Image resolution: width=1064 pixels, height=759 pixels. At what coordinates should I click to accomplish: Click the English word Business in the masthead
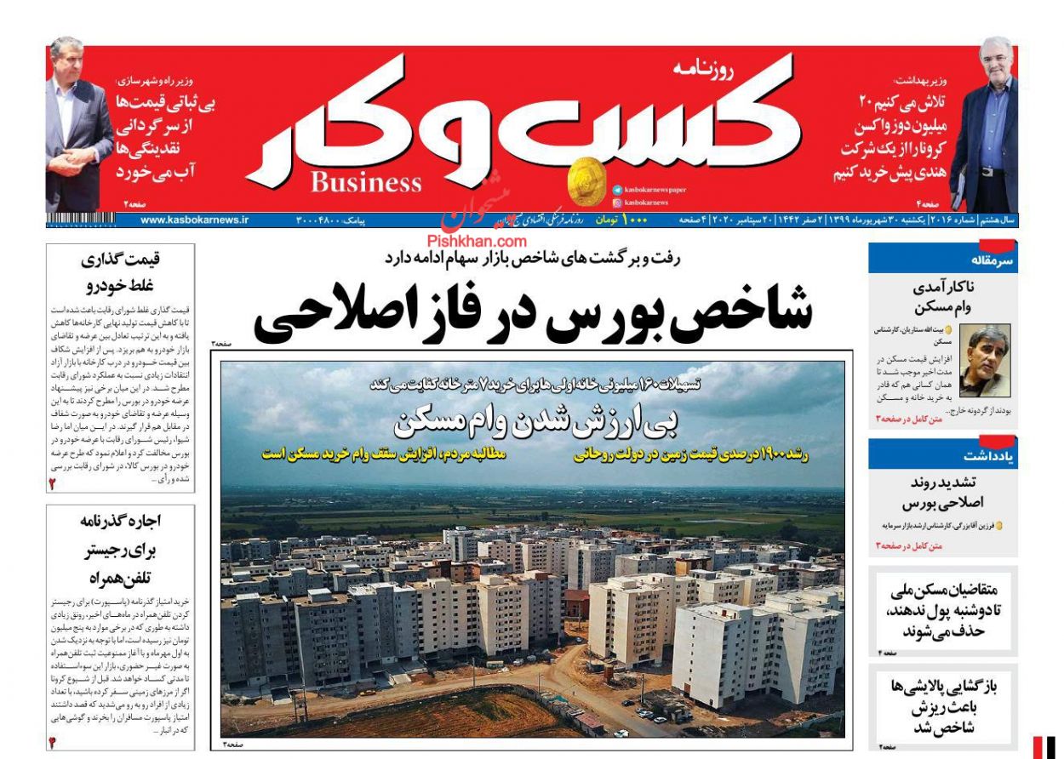366,183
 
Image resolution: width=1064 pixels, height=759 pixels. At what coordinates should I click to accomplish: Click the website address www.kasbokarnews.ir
195,220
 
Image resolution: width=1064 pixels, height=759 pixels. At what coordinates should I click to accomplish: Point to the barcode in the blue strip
81,220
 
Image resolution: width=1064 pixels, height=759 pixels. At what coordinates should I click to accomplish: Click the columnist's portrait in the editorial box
985,360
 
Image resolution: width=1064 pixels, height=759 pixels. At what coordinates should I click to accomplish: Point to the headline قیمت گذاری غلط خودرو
120,272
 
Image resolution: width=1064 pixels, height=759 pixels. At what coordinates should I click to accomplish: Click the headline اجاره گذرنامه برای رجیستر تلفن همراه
120,550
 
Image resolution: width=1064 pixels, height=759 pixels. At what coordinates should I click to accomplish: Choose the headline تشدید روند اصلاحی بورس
941,493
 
